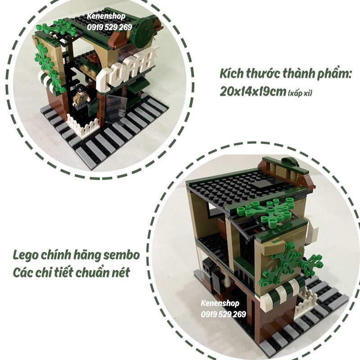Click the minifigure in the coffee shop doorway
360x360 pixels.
coord(81,96)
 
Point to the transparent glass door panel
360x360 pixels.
coord(115,110)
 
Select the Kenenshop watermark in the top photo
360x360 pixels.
coord(106,16)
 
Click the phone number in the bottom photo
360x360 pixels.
coord(223,314)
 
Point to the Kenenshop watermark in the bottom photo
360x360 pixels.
coord(220,303)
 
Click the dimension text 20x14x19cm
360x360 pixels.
coord(253,92)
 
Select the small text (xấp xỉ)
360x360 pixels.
coord(300,93)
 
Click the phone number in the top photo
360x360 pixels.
coord(109,27)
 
